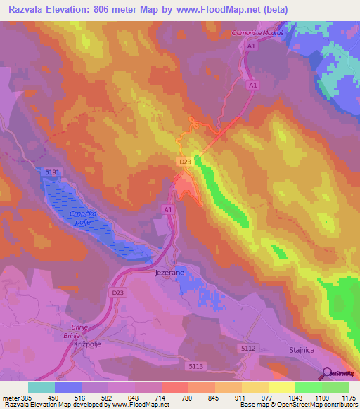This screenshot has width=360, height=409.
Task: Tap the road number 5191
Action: point(53,172)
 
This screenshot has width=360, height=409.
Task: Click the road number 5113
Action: point(196,367)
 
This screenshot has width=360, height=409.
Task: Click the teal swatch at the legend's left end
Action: point(41,387)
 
